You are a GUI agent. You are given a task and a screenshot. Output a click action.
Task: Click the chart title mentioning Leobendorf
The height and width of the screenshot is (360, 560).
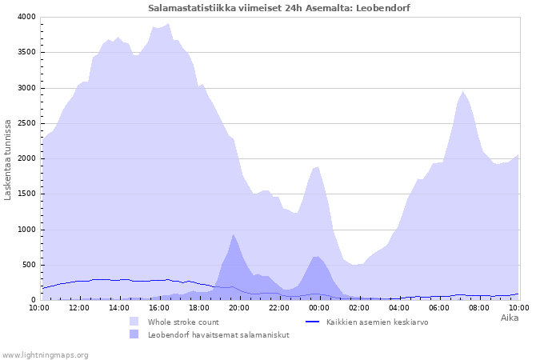[279, 8]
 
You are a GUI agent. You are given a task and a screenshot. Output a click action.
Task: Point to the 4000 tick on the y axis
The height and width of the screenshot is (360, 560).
[26, 17]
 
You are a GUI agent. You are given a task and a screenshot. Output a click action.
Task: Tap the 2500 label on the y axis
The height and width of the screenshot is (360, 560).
[26, 123]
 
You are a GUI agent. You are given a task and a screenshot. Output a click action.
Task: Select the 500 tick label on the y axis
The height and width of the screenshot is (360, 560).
[29, 265]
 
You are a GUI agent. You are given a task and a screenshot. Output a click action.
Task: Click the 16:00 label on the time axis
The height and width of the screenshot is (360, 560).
[159, 307]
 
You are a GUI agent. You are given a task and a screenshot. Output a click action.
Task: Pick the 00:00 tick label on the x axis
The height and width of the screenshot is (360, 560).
[319, 307]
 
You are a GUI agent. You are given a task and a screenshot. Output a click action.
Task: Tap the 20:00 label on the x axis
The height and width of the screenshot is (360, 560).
[239, 307]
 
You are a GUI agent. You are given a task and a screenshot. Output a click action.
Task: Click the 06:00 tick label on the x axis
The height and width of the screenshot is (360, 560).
[439, 307]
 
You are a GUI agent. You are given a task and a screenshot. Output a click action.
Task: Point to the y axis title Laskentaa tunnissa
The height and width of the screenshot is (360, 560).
[7, 160]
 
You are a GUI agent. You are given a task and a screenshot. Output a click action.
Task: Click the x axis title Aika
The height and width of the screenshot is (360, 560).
[510, 318]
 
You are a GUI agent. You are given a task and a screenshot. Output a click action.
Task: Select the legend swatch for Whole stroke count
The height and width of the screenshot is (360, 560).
[134, 322]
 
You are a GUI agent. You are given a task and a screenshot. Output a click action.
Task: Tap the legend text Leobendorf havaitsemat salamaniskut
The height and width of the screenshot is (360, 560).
[218, 335]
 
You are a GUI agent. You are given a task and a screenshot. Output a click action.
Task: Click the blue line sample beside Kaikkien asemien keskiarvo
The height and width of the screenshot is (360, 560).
[312, 322]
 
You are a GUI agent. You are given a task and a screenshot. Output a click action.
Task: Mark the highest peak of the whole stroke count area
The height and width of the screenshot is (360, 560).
[168, 23]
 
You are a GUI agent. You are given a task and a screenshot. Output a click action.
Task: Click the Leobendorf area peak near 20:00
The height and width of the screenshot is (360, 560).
[233, 234]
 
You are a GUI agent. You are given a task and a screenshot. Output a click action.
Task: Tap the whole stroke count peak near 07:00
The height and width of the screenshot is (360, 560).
[463, 91]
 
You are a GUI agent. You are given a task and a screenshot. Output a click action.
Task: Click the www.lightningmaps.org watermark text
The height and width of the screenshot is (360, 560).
[45, 355]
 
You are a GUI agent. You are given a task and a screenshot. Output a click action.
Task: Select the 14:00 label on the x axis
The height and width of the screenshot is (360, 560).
[119, 307]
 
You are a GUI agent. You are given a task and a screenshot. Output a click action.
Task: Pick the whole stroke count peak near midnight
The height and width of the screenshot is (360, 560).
[317, 166]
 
